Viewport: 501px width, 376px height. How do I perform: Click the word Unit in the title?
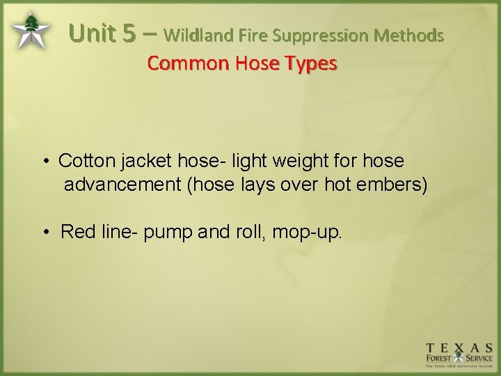[x=95, y=33]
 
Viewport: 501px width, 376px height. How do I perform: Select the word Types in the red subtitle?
[x=311, y=63]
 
